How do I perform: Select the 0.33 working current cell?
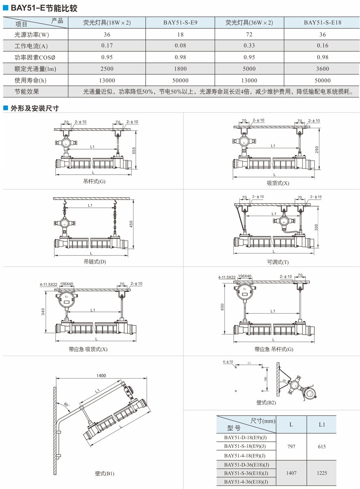[249, 46]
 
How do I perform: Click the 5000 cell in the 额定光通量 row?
[249, 69]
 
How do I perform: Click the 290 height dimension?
[317, 150]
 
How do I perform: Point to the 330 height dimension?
[317, 228]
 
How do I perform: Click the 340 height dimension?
[43, 311]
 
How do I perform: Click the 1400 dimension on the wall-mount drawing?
[101, 375]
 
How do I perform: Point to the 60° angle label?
[67, 404]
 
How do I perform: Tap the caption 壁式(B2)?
[266, 403]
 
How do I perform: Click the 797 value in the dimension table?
[291, 447]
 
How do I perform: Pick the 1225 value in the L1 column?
[322, 473]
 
